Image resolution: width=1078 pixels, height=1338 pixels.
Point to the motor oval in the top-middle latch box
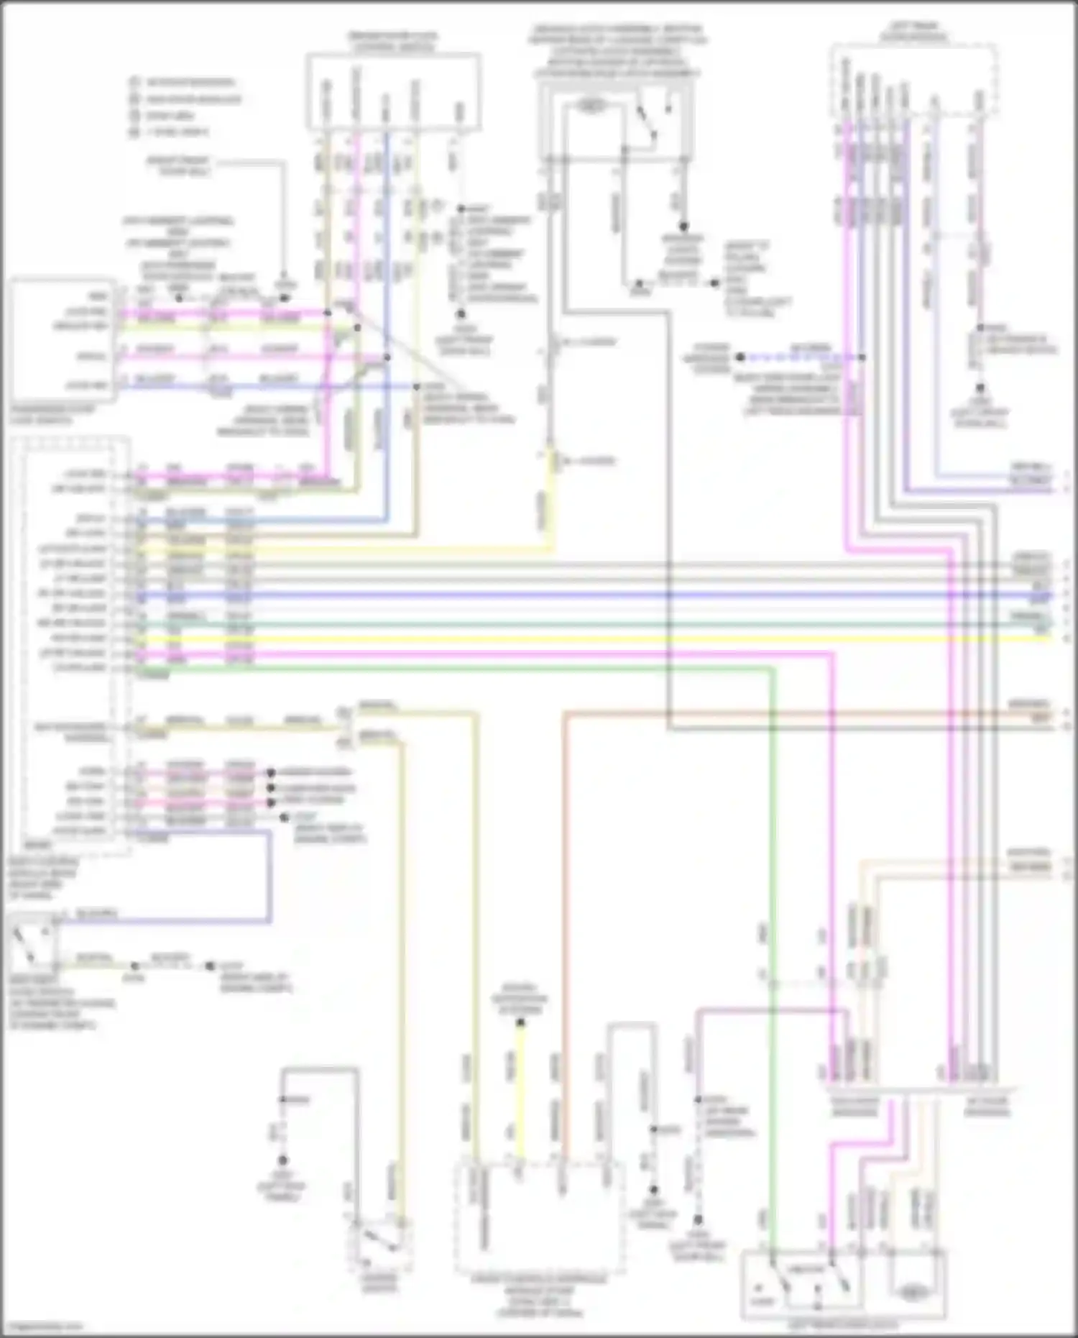pos(590,106)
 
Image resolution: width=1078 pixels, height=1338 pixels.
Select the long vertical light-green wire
pos(772,935)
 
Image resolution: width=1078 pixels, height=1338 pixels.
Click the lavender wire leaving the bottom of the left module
pos(271,877)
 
